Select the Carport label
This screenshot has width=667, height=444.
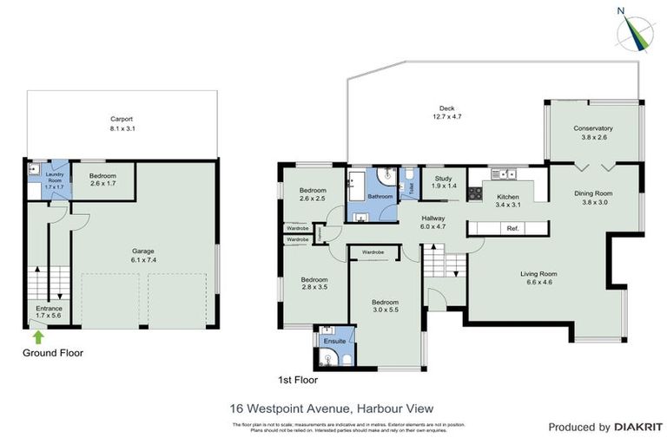click(122, 119)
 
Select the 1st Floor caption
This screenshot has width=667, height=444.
click(297, 380)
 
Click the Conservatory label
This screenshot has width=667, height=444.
click(593, 128)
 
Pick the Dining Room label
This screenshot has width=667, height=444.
click(593, 193)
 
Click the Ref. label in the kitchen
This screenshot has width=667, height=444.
click(512, 228)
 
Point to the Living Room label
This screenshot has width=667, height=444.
click(538, 274)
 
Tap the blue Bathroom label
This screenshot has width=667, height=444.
click(380, 197)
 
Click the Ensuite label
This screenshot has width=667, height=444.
click(334, 342)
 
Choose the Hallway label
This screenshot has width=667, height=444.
click(433, 218)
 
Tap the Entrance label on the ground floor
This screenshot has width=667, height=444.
click(49, 308)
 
